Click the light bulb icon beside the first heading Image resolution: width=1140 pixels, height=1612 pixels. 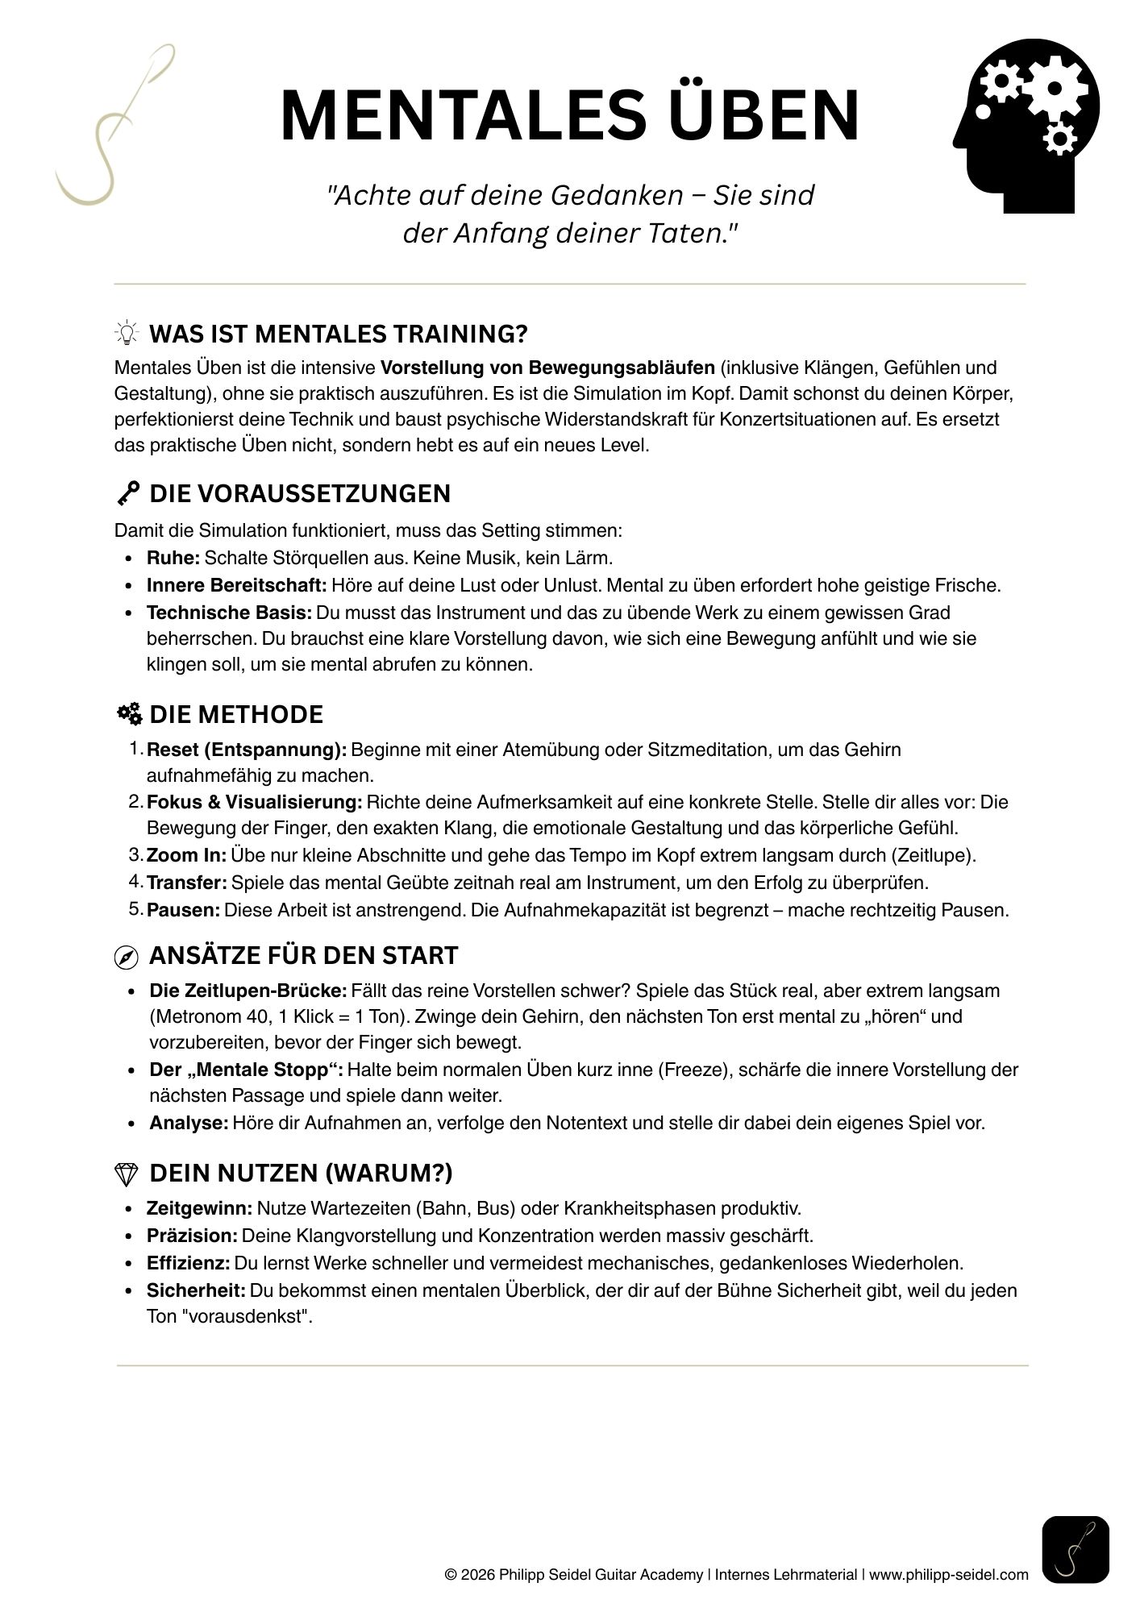tap(127, 333)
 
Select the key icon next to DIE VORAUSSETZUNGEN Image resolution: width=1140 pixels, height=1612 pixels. tap(127, 493)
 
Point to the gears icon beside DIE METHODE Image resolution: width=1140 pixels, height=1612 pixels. tap(128, 714)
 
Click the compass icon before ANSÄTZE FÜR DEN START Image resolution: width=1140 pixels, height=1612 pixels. tap(127, 957)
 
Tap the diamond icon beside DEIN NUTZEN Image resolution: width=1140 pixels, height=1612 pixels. tap(127, 1174)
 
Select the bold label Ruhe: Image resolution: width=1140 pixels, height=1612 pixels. tap(173, 558)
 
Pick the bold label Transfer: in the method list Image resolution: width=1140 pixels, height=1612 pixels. tap(187, 883)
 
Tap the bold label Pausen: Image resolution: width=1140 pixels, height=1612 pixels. tap(183, 911)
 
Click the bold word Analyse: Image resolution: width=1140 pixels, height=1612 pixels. tap(189, 1123)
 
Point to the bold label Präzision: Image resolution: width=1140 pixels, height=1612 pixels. tap(192, 1236)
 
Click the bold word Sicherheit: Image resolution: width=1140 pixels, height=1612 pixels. tap(196, 1290)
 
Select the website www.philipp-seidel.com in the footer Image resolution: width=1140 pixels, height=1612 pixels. tap(949, 1575)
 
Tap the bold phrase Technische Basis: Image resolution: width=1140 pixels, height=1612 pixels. tap(229, 613)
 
